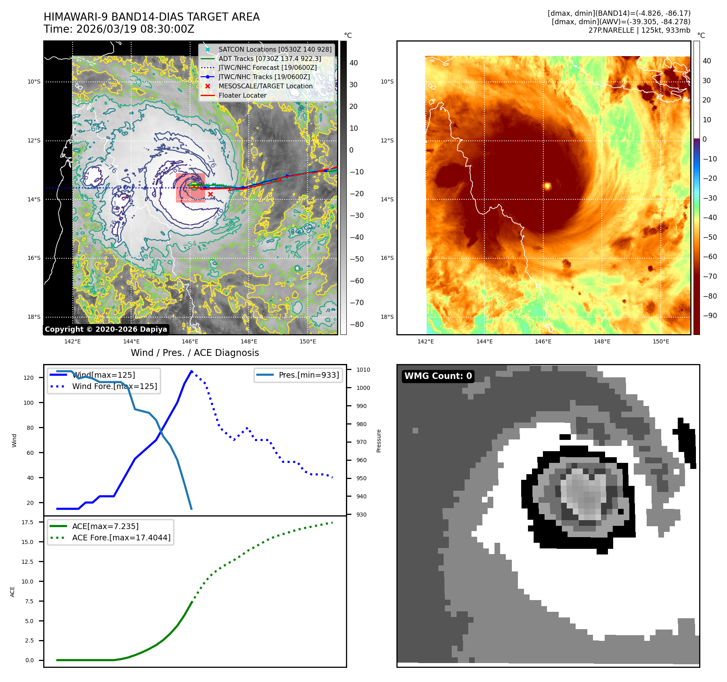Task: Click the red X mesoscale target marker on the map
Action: coord(210,195)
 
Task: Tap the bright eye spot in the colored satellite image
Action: coord(548,186)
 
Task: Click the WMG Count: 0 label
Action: coord(438,376)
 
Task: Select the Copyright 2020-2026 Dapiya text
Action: coord(106,329)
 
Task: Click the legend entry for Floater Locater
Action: coord(242,96)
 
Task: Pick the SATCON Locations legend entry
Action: coord(275,50)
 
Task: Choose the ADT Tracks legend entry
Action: coord(270,59)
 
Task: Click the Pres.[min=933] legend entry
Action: coord(309,375)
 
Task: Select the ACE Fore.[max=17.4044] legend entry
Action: coord(121,538)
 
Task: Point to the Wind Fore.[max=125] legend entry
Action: coord(115,387)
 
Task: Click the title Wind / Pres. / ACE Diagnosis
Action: coord(195,353)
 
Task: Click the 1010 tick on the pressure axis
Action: coord(363,370)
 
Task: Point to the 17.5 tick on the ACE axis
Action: coord(27,523)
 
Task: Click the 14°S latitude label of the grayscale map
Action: coord(34,200)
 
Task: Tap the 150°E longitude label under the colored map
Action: coord(661,342)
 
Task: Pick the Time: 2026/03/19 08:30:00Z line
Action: coord(119,29)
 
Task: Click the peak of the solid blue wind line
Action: coord(191,371)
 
